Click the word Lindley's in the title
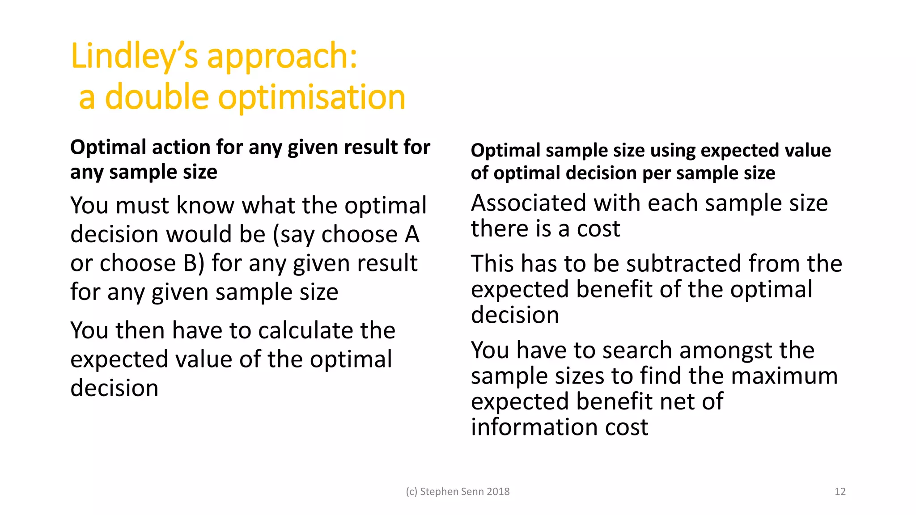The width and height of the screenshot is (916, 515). pos(134,56)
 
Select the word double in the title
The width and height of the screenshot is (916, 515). pos(157,97)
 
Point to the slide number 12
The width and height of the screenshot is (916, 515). pos(840,492)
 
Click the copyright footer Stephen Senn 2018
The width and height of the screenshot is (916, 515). pos(458,492)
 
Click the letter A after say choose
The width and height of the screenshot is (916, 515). pos(412,235)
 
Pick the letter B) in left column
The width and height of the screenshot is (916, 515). pos(194,263)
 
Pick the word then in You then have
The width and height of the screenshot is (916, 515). pos(140,331)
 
